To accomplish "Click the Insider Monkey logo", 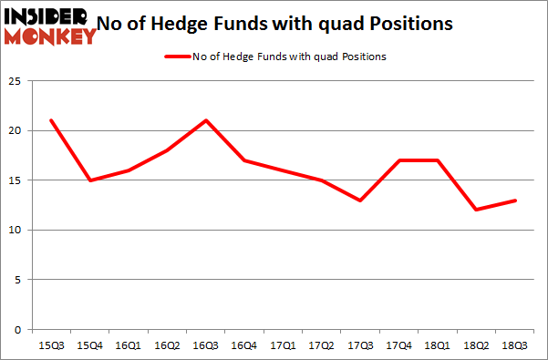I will [x=50, y=26].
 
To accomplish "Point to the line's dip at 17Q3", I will [x=358, y=200].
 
